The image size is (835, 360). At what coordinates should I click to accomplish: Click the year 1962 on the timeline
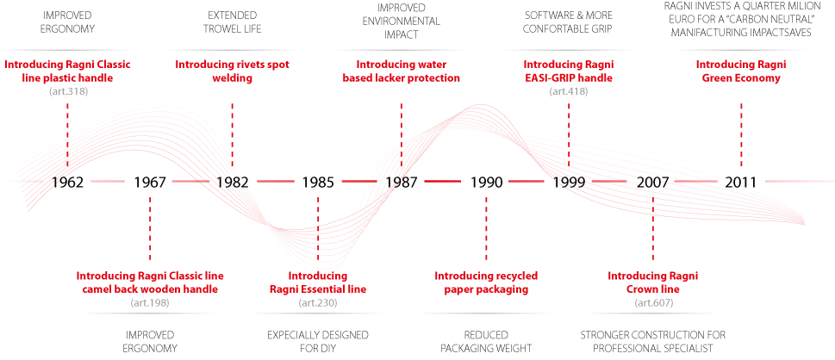tap(67, 182)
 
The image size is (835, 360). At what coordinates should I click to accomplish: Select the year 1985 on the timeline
tap(318, 182)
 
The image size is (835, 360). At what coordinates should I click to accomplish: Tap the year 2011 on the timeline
tap(741, 182)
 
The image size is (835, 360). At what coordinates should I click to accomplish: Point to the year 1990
tap(486, 182)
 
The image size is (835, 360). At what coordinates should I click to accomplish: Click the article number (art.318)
tap(67, 91)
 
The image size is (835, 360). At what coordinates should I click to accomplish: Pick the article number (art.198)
tap(150, 303)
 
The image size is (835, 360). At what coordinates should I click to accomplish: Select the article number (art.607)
tap(653, 303)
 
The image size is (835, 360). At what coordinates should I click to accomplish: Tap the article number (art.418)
tap(569, 91)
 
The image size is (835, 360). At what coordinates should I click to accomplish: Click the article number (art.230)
tap(318, 303)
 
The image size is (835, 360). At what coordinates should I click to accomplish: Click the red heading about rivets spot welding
tap(232, 71)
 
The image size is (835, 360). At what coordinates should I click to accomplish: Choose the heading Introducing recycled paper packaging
tap(486, 282)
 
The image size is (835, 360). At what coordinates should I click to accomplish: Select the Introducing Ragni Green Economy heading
tap(741, 71)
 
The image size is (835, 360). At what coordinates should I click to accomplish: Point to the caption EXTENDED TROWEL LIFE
tap(232, 22)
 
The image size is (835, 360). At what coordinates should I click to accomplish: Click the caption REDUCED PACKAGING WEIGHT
tap(486, 342)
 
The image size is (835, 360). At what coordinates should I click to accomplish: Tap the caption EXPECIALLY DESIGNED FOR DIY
tap(318, 342)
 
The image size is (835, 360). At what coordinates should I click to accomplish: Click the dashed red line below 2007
tap(653, 228)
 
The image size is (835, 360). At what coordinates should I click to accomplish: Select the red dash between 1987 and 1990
tap(443, 182)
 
